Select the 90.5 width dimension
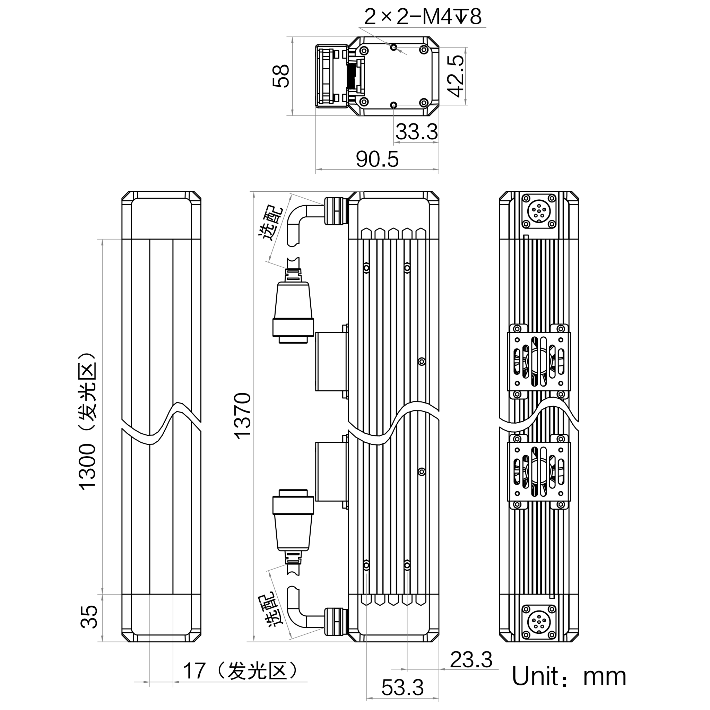pyautogui.click(x=377, y=159)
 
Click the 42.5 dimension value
pyautogui.click(x=457, y=76)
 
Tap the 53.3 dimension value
pyautogui.click(x=402, y=687)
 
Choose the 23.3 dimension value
pyautogui.click(x=471, y=660)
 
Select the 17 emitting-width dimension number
pyautogui.click(x=194, y=671)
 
